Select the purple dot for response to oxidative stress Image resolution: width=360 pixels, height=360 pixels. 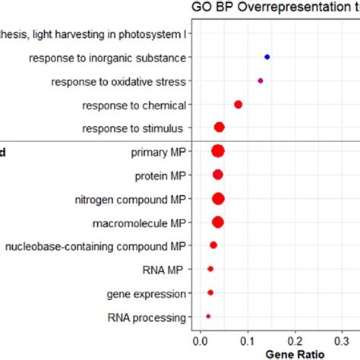[261, 81]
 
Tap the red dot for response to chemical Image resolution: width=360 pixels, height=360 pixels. [238, 104]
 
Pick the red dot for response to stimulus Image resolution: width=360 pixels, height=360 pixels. [219, 128]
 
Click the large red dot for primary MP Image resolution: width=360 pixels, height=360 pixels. [218, 151]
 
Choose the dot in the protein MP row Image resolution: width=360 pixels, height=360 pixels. [218, 175]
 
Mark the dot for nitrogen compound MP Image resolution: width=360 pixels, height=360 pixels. [219, 199]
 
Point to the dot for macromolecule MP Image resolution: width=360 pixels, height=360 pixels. [218, 223]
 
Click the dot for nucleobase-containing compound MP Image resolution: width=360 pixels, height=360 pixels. [213, 245]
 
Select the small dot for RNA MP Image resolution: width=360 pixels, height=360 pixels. [210, 269]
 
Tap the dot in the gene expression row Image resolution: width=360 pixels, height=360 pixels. [210, 292]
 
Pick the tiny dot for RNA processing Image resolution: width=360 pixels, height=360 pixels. [208, 316]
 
